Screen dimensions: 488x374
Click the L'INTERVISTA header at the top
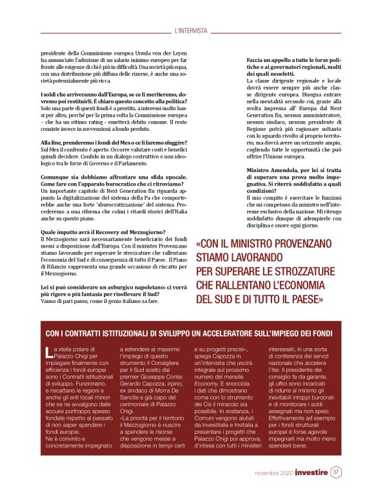click(191, 30)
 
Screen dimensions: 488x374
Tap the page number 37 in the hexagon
click(336, 472)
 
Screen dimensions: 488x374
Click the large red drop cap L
click(50, 352)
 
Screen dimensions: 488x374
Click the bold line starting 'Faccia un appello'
click(293, 61)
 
